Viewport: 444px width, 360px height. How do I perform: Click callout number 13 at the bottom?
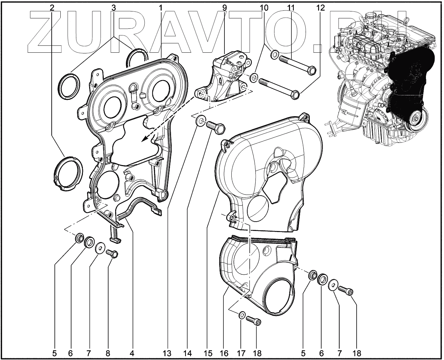click(167, 353)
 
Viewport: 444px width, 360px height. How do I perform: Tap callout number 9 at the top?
click(225, 8)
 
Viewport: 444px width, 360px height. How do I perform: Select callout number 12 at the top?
click(321, 8)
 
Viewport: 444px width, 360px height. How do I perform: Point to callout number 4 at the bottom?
click(132, 353)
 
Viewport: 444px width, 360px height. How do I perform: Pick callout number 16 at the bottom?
click(224, 353)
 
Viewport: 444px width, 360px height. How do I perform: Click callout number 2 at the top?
click(52, 8)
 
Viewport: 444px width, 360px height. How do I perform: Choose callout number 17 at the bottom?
click(240, 353)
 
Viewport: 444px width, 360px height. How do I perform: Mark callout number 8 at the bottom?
click(108, 353)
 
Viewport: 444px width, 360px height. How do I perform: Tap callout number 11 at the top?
click(291, 8)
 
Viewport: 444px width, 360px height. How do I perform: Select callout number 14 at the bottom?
click(188, 353)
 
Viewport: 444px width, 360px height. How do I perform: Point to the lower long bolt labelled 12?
click(277, 87)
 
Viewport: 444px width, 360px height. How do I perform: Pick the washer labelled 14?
click(200, 121)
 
